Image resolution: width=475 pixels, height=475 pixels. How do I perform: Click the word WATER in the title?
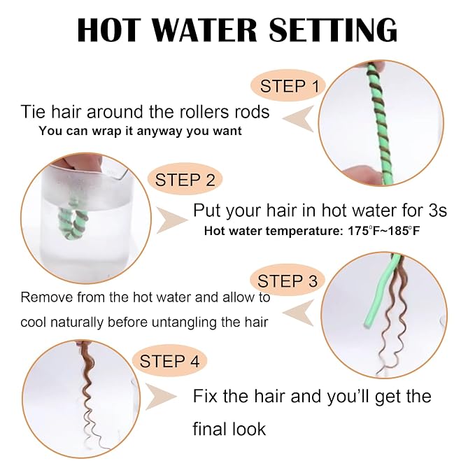pos(208,30)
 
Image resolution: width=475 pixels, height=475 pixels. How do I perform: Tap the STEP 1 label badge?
pos(288,86)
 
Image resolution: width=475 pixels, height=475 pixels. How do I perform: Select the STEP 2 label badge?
pos(185,180)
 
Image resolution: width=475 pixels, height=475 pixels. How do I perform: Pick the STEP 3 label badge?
pos(288,281)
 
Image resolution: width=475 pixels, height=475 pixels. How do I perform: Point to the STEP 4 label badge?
pos(169,361)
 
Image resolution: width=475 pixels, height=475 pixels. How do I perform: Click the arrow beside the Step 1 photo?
pos(299,119)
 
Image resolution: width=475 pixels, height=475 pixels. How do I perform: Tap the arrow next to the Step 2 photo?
pos(172,220)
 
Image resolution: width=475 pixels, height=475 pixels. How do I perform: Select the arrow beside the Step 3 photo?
pos(299,313)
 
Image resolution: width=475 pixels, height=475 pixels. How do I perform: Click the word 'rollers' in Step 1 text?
pos(205,112)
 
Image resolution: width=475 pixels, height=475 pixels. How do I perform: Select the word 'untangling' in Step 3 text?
pos(184,322)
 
